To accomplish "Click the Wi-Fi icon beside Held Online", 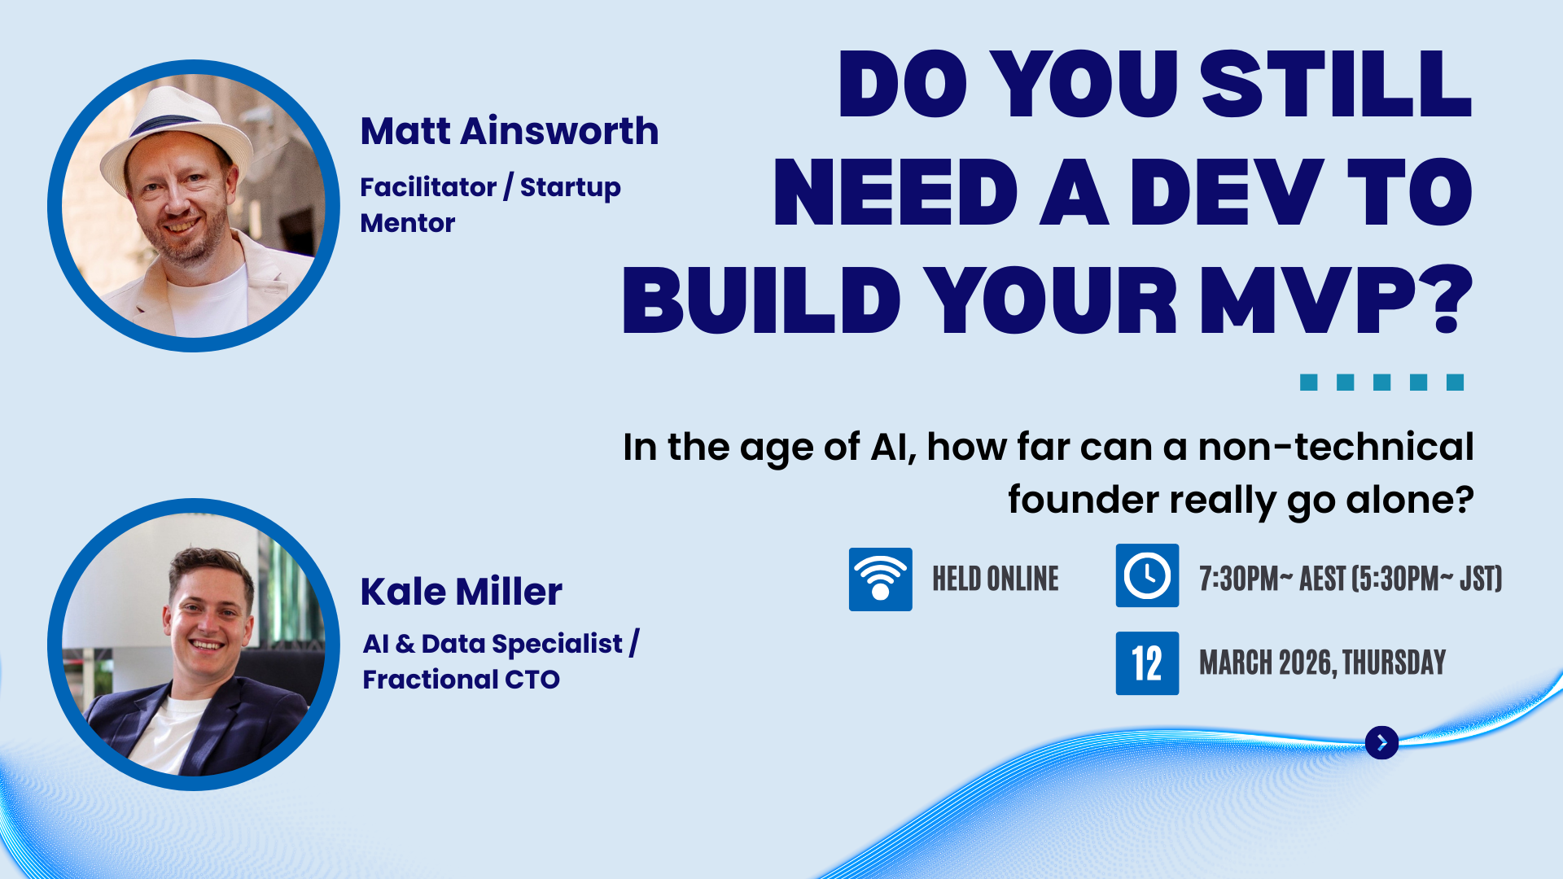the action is [x=880, y=579].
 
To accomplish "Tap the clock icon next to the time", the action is [x=1147, y=575].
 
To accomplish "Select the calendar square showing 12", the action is [x=1147, y=663].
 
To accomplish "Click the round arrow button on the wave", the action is [x=1381, y=742].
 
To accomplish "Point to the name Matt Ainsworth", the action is [x=510, y=131].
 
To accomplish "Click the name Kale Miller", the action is [x=462, y=592].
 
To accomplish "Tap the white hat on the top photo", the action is [x=175, y=134].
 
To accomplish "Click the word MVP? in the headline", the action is [x=1336, y=300].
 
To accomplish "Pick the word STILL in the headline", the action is [x=1336, y=84].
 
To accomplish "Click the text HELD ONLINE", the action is [x=996, y=579].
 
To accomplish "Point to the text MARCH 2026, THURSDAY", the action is [x=1322, y=663].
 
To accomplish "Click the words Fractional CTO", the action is [x=461, y=680].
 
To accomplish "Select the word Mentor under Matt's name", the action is [x=408, y=223].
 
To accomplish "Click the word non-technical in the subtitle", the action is [x=1336, y=447].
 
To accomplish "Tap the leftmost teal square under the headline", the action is [x=1309, y=383].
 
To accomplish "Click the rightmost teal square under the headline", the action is [x=1456, y=383].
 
